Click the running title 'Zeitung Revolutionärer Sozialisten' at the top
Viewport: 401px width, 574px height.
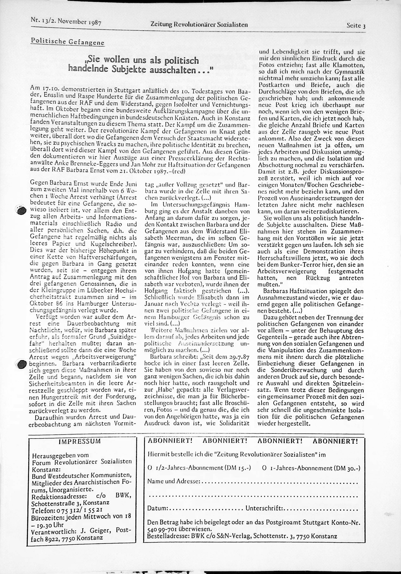tap(199, 25)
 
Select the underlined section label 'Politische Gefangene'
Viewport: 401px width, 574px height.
tap(67, 42)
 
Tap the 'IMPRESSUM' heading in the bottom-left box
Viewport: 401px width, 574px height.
tap(79, 448)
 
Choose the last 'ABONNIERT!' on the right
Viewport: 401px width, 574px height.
tap(335, 448)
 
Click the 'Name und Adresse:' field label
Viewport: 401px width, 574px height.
tap(174, 488)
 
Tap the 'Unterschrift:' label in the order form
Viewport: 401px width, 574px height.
tap(264, 515)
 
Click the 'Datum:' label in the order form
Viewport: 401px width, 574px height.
tap(157, 515)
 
